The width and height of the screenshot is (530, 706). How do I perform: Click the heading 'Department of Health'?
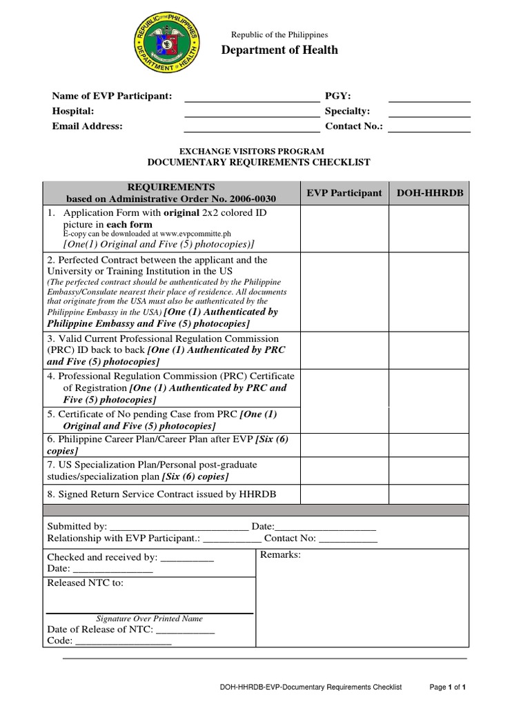(x=279, y=50)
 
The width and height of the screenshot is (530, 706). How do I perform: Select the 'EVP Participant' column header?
(x=344, y=193)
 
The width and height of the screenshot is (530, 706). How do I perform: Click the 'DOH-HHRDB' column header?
(x=428, y=193)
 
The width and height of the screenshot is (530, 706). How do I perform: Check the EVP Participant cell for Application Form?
(x=344, y=228)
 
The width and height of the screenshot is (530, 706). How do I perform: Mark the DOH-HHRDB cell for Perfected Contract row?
(x=428, y=291)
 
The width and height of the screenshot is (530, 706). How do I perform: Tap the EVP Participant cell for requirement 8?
(x=344, y=494)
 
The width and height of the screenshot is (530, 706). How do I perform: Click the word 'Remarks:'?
(x=280, y=555)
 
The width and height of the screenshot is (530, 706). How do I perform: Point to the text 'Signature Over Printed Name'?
(x=149, y=619)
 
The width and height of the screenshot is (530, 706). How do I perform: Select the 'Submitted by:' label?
(x=77, y=527)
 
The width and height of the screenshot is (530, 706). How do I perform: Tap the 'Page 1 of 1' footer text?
(x=453, y=687)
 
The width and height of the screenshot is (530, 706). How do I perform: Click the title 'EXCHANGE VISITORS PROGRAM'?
(x=252, y=151)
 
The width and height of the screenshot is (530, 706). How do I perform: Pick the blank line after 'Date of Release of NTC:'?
(x=186, y=630)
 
